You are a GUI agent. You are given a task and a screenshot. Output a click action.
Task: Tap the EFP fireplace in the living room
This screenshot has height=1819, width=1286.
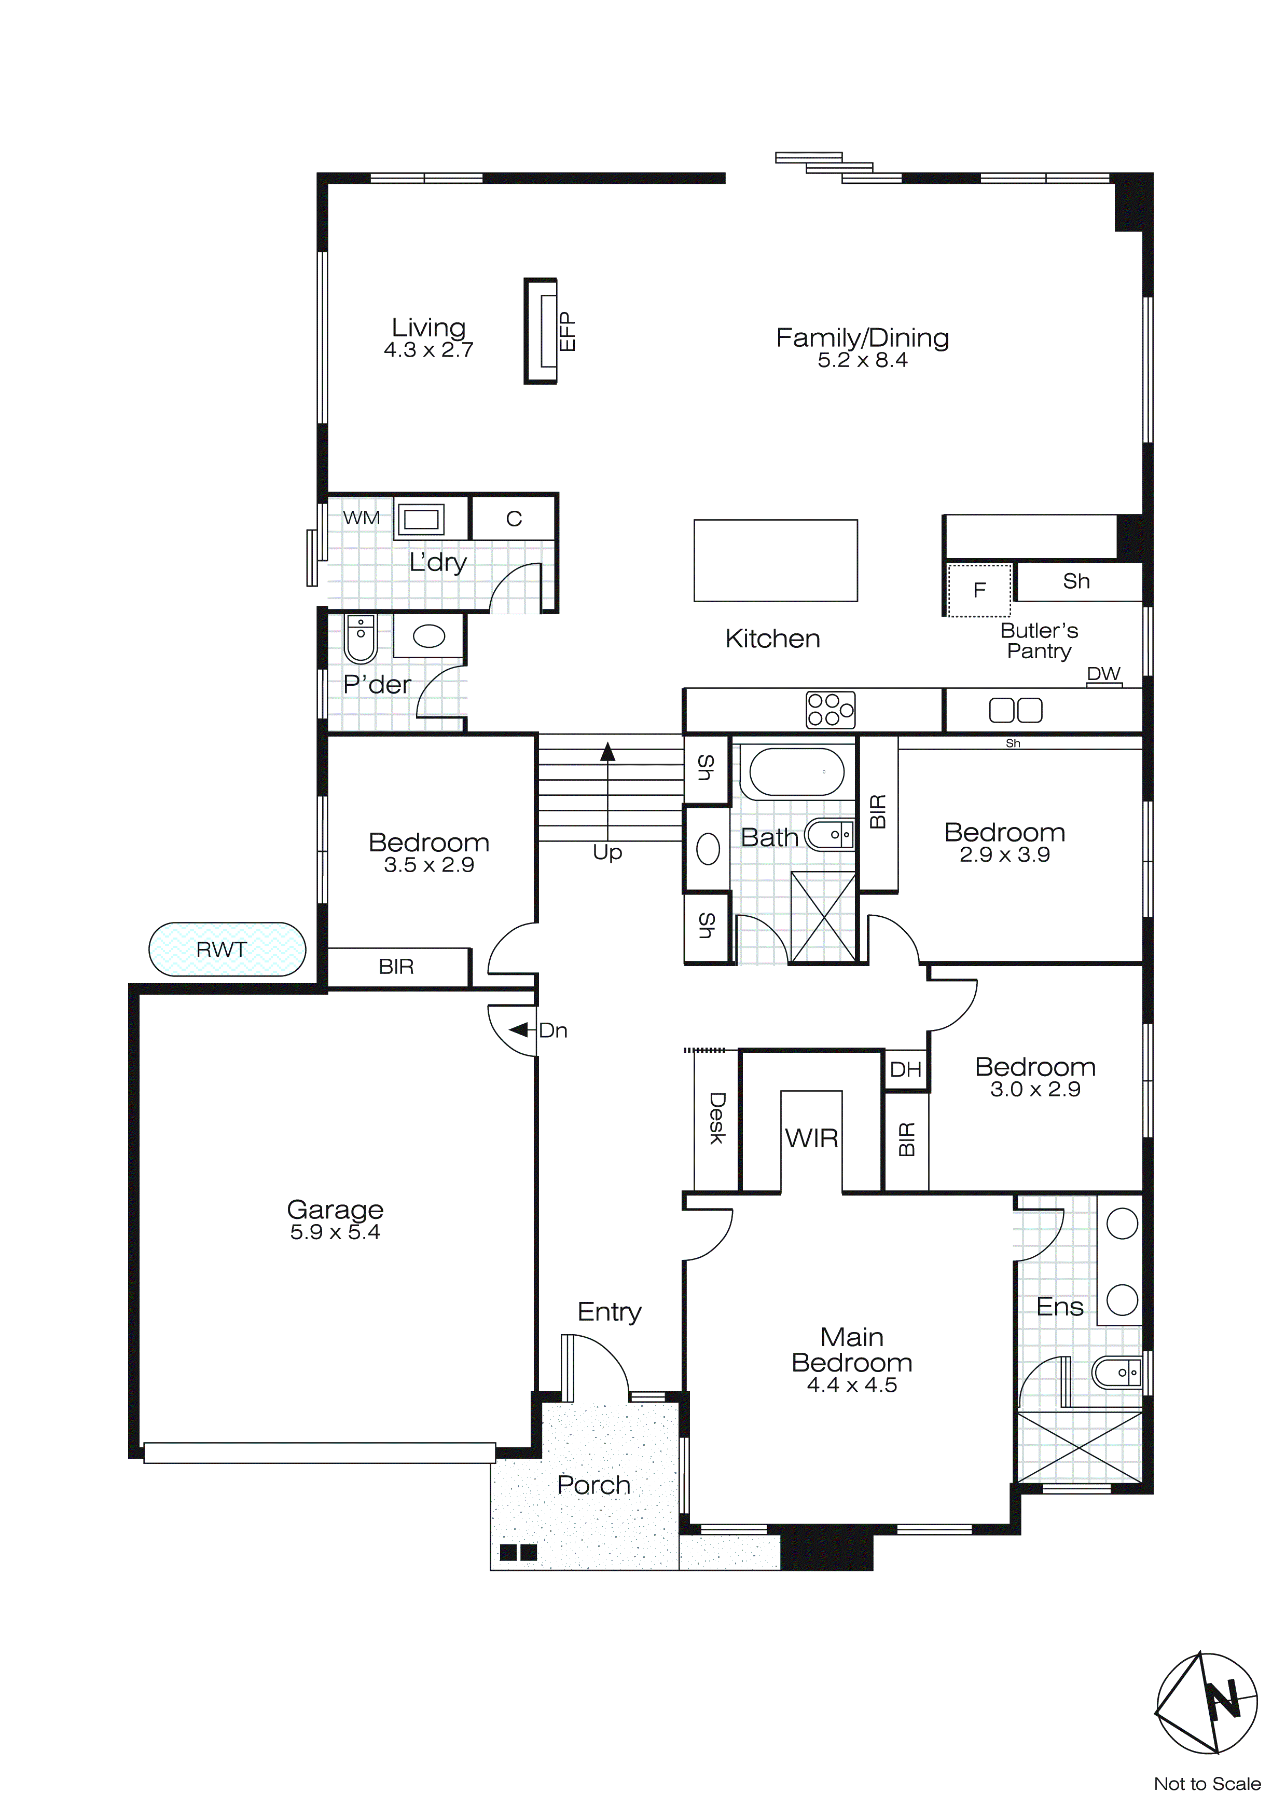pyautogui.click(x=542, y=331)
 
